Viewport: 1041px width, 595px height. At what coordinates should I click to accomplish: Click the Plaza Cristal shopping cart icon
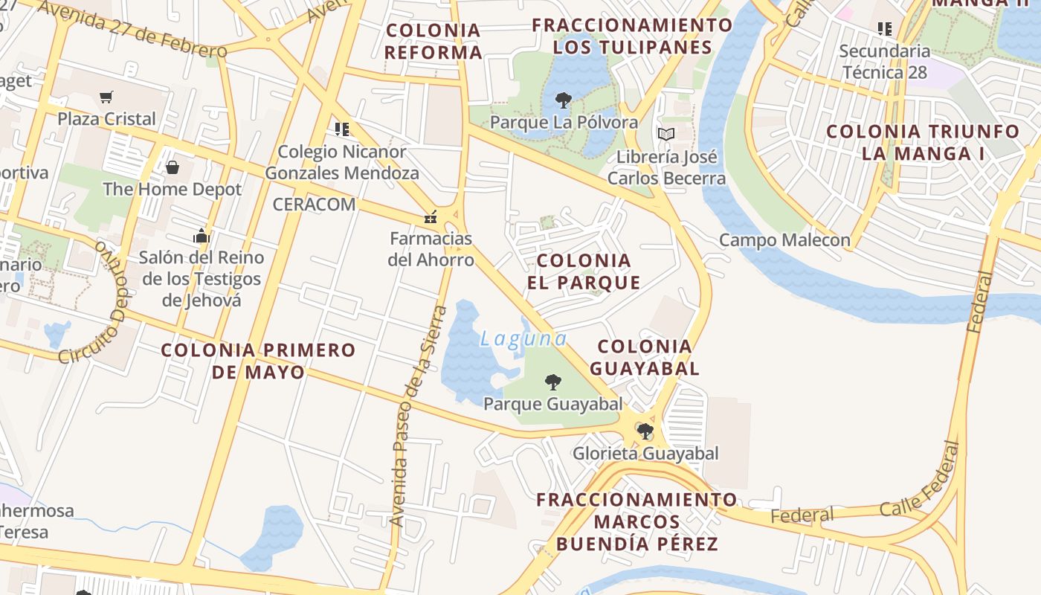click(x=106, y=97)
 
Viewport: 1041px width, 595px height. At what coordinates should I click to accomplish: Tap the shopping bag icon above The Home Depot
click(x=173, y=167)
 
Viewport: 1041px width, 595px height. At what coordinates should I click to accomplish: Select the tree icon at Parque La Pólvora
click(x=564, y=100)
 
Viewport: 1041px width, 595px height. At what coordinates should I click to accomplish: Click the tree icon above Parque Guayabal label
click(x=552, y=382)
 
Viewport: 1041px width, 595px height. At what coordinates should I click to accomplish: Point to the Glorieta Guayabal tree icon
click(x=645, y=431)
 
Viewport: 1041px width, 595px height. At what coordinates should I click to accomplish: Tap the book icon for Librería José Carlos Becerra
click(x=666, y=135)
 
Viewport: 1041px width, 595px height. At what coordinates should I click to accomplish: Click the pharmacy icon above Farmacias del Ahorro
click(x=431, y=218)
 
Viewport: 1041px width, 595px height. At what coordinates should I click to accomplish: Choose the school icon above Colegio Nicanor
click(x=342, y=129)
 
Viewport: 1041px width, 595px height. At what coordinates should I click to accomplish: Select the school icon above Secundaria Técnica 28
click(x=885, y=29)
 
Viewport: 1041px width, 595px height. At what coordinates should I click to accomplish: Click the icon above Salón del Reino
click(x=202, y=237)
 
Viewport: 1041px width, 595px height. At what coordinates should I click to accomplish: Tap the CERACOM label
click(x=314, y=205)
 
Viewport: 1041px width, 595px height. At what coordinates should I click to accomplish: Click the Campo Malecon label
click(x=784, y=240)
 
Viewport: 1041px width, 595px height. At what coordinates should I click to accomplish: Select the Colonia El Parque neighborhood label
click(x=584, y=271)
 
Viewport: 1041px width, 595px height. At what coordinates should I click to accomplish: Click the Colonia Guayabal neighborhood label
click(x=645, y=357)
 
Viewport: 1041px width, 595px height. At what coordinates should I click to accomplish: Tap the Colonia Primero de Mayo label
click(x=258, y=361)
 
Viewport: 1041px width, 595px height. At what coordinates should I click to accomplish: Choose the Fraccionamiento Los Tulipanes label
click(x=632, y=36)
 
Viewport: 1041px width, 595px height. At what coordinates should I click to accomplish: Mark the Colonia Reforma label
click(x=434, y=42)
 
